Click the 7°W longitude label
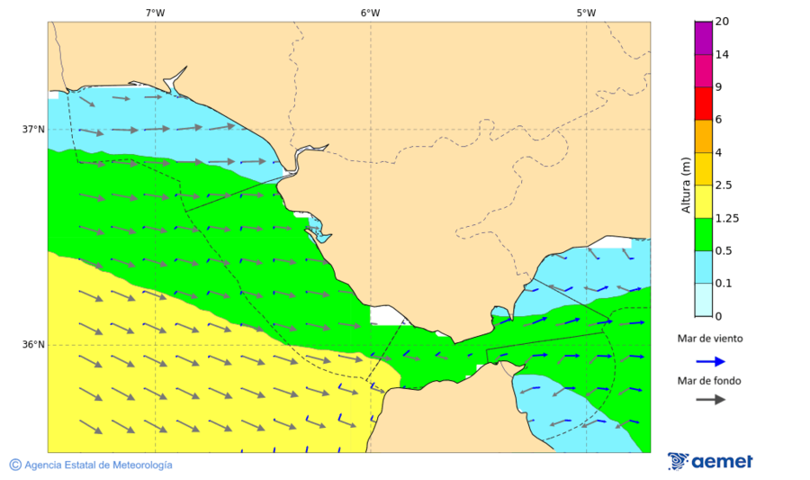(155, 13)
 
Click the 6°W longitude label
(370, 13)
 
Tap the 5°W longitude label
(586, 13)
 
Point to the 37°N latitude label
(33, 129)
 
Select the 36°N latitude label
(33, 345)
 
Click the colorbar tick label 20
(722, 22)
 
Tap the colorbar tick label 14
(722, 55)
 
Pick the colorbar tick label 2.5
(724, 186)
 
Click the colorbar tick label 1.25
(726, 218)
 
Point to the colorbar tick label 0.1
(724, 284)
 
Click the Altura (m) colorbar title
(686, 185)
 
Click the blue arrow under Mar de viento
(711, 361)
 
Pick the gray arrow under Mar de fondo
(711, 399)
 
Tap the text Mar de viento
(710, 339)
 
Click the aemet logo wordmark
(722, 462)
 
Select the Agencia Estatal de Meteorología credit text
(98, 465)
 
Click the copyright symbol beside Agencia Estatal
(15, 465)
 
